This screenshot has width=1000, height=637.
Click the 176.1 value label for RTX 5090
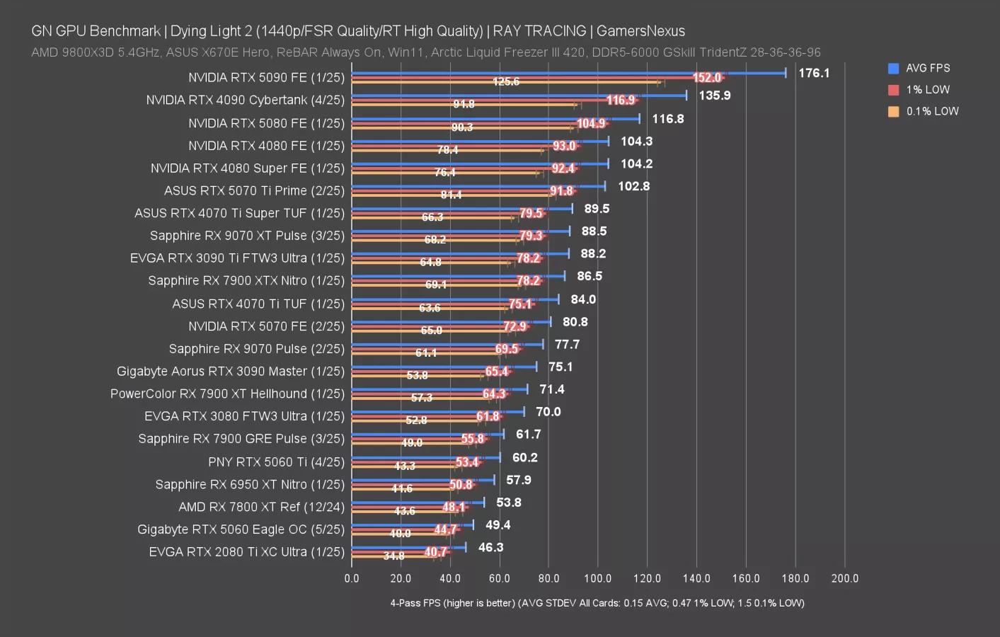(x=813, y=73)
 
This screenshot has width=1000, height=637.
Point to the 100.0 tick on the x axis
(x=597, y=578)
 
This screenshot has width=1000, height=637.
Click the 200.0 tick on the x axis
(x=844, y=578)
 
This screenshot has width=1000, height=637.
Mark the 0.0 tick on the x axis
(x=352, y=578)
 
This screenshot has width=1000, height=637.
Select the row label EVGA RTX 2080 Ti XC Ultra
(x=246, y=552)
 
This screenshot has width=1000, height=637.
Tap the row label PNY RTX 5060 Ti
(x=276, y=462)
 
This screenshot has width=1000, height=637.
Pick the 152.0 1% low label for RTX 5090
(x=706, y=78)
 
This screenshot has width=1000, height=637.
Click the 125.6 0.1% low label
(x=506, y=81)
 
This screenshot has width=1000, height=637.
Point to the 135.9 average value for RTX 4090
(x=714, y=96)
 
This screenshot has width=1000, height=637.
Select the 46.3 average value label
(x=490, y=548)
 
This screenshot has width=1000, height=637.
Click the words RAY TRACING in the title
(x=539, y=31)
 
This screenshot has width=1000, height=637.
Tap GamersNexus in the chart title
(x=640, y=31)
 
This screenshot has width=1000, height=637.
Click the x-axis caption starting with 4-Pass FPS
(x=597, y=603)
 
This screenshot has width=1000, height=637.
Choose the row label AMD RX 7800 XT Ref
(x=261, y=507)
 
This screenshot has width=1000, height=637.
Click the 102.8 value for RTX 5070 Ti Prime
(x=633, y=186)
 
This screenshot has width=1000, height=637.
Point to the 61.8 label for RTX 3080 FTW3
(x=488, y=417)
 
